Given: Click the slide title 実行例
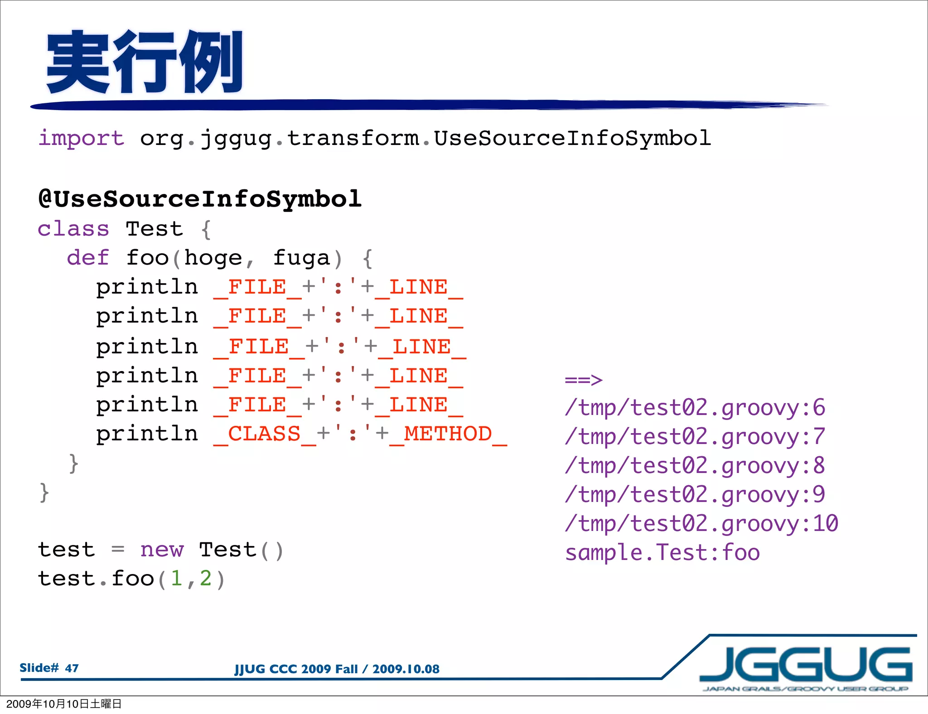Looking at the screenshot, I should [x=144, y=62].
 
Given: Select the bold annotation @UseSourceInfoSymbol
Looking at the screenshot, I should [x=200, y=199].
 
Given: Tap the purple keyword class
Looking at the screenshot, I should [x=73, y=229].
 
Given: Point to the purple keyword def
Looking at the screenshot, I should [x=88, y=258].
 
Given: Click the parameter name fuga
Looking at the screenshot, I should [x=301, y=258].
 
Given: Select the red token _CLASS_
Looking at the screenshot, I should [x=265, y=434].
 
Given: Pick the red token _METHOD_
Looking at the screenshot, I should [x=448, y=434].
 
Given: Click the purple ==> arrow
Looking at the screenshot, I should [x=584, y=380].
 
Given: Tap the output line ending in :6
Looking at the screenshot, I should [x=695, y=408].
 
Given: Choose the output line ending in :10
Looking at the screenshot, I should [x=701, y=524].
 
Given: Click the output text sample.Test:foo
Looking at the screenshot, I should [x=662, y=553].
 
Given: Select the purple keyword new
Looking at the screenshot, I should [x=162, y=550].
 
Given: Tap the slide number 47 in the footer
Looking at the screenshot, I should [x=72, y=668].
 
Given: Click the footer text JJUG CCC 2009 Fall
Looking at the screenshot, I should [x=296, y=669].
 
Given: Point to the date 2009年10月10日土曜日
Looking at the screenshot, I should [x=64, y=704].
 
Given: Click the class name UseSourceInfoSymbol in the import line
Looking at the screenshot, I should [x=572, y=138].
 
